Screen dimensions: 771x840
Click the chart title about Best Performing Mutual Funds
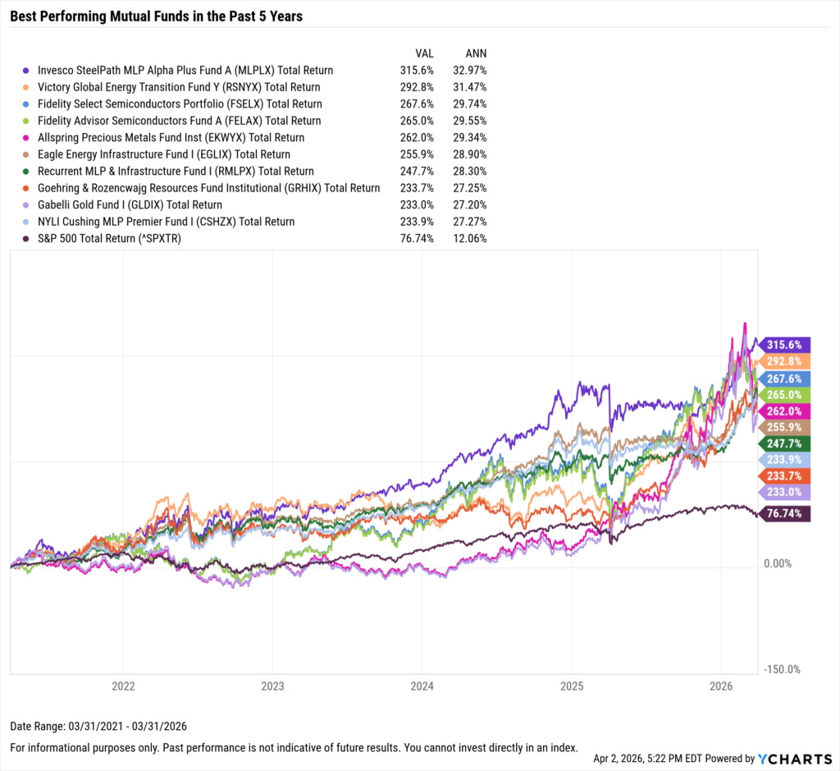point(156,16)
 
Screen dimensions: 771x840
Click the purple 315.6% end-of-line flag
point(786,345)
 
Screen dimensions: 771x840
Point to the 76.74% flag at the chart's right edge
point(786,513)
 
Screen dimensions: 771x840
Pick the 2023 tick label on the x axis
point(272,685)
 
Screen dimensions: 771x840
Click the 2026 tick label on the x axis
point(720,685)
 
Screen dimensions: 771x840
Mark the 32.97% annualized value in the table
point(470,71)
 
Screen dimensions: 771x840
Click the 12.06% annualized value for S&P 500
point(470,238)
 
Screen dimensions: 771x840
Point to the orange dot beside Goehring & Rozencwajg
point(27,188)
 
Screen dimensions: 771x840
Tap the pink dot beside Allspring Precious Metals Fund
point(27,138)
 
